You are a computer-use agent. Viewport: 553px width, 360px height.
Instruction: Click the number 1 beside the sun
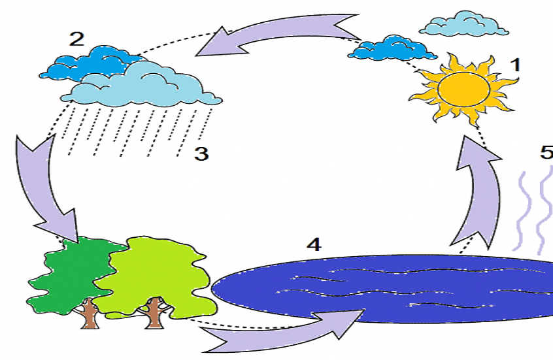(516, 65)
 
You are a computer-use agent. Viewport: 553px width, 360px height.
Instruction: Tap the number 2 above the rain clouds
(76, 39)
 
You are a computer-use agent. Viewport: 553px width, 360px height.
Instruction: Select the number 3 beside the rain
(201, 154)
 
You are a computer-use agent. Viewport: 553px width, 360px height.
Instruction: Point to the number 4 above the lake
(314, 244)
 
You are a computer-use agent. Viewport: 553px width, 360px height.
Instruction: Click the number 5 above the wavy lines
(547, 152)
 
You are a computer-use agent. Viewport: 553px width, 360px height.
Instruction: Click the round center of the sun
(463, 89)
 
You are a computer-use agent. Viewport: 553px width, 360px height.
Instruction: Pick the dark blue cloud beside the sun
(393, 48)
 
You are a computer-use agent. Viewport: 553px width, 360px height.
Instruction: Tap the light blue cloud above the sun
(464, 24)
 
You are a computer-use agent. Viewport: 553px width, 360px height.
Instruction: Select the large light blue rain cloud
(141, 85)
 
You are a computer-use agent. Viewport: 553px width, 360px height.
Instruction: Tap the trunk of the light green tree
(154, 313)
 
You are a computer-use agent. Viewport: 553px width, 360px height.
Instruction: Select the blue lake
(382, 289)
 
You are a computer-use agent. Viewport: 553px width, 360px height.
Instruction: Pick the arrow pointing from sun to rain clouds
(278, 35)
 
